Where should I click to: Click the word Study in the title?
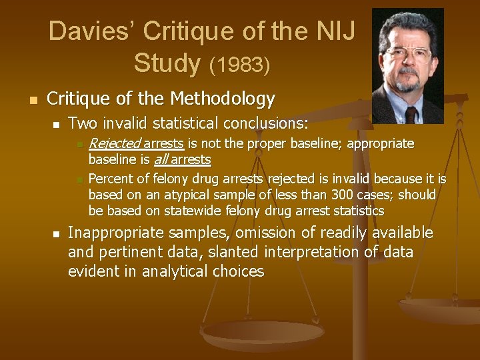pos(167,63)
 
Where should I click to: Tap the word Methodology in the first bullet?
pos(223,99)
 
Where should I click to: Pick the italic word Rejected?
pos(114,143)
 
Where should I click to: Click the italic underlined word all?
pos(161,160)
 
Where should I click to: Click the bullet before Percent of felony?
pos(79,179)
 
